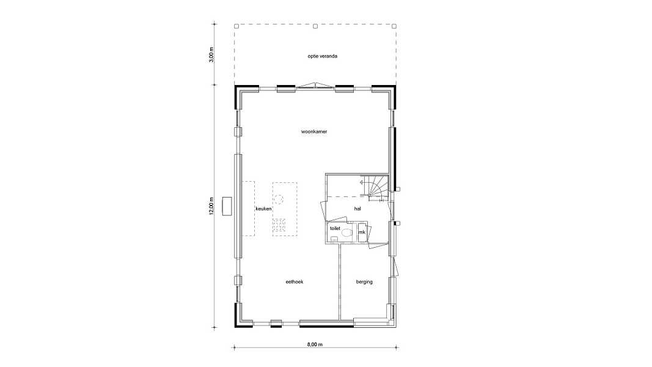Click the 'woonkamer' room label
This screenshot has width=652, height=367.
[x=314, y=132]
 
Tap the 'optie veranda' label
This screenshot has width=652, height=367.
[x=322, y=56]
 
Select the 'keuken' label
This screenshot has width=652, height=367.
[x=263, y=209]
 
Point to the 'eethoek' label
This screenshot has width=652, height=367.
[x=295, y=282]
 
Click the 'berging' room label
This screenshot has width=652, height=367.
[x=364, y=282]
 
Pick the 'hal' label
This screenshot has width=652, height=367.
[x=357, y=209]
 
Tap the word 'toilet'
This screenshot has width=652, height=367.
[x=335, y=228]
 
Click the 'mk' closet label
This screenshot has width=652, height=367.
[x=362, y=232]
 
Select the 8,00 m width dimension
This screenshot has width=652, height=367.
[x=315, y=344]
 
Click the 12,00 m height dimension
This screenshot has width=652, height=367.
[x=211, y=206]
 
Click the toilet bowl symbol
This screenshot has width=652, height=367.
[x=347, y=233]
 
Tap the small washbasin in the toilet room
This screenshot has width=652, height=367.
[x=334, y=239]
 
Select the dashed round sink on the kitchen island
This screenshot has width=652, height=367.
[x=279, y=200]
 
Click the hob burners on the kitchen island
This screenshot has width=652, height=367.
[x=279, y=226]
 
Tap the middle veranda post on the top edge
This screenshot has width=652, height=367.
[x=315, y=26]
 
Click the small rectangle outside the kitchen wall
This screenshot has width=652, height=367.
[x=227, y=206]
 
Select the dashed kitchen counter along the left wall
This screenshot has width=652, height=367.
[x=249, y=209]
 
